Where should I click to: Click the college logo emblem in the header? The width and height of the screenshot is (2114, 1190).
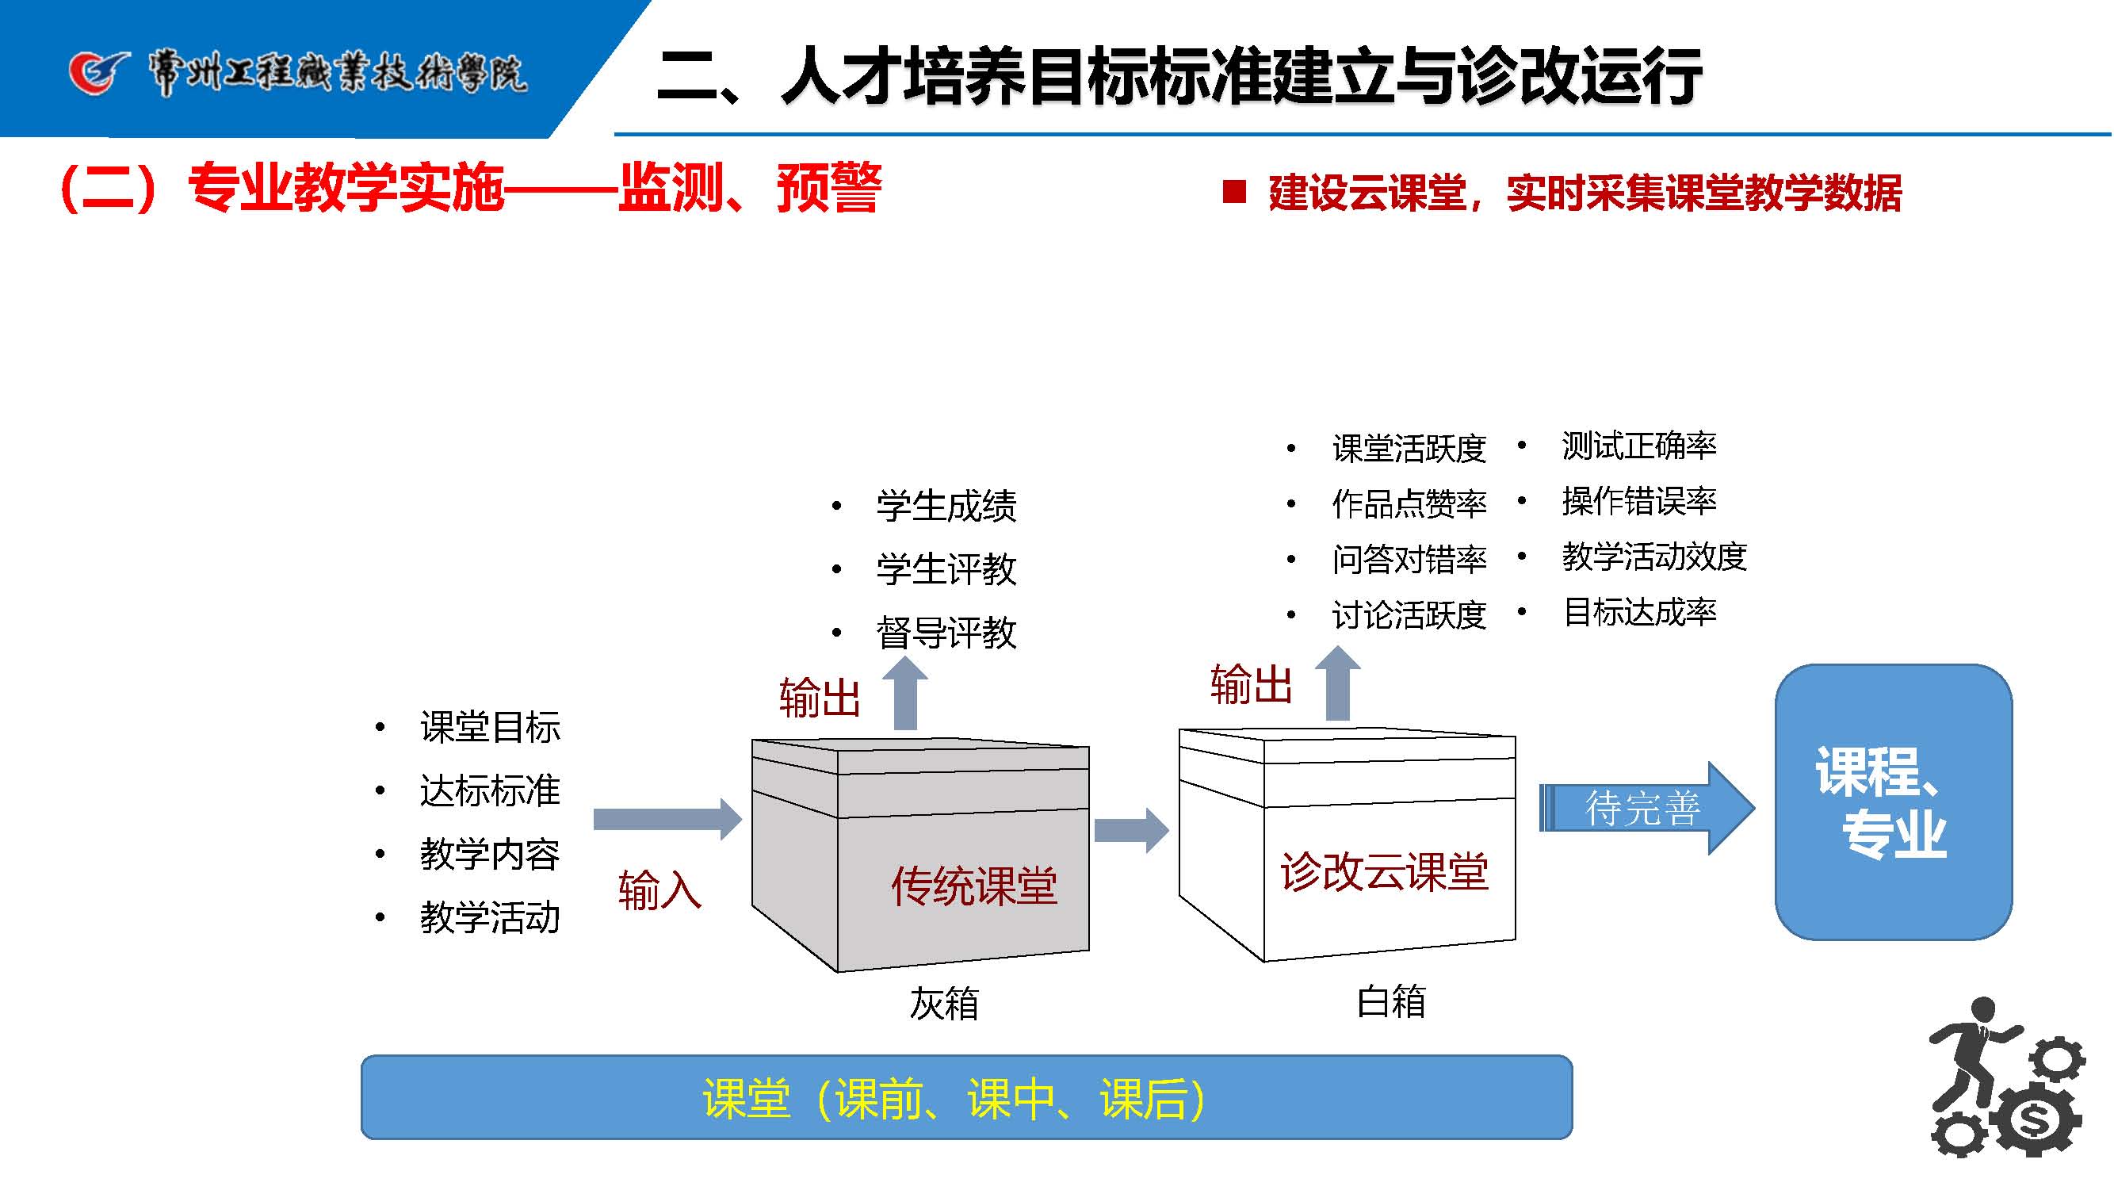pyautogui.click(x=98, y=72)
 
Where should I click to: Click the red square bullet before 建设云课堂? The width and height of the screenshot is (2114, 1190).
pyautogui.click(x=1233, y=192)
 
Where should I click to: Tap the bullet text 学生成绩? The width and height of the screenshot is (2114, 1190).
pyautogui.click(x=946, y=506)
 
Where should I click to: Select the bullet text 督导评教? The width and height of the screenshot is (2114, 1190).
pyautogui.click(x=946, y=633)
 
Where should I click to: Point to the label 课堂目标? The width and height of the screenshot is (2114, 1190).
pyautogui.click(x=490, y=727)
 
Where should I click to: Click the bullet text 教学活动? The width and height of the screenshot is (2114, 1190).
pyautogui.click(x=490, y=917)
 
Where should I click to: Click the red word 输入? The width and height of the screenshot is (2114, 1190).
pyautogui.click(x=659, y=890)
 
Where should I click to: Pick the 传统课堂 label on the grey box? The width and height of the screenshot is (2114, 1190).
pyautogui.click(x=974, y=886)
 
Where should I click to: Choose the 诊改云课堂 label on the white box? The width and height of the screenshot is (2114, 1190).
pyautogui.click(x=1384, y=871)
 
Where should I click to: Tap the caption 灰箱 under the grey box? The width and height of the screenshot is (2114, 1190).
pyautogui.click(x=944, y=1004)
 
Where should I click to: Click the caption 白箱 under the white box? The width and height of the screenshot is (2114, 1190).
pyautogui.click(x=1391, y=1002)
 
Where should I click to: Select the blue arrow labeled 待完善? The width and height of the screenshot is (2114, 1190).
pyautogui.click(x=1646, y=809)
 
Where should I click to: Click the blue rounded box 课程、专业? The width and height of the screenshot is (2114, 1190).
pyautogui.click(x=1892, y=802)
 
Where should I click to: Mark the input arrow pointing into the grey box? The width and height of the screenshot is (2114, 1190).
pyautogui.click(x=667, y=819)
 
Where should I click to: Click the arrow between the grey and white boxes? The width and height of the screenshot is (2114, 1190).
pyautogui.click(x=1131, y=830)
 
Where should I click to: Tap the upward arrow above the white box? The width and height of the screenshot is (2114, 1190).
pyautogui.click(x=1338, y=683)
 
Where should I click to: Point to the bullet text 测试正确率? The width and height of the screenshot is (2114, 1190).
pyautogui.click(x=1639, y=446)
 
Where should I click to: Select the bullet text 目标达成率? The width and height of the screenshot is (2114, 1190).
pyautogui.click(x=1640, y=612)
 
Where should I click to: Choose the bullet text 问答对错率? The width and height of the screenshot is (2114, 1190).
pyautogui.click(x=1409, y=560)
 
